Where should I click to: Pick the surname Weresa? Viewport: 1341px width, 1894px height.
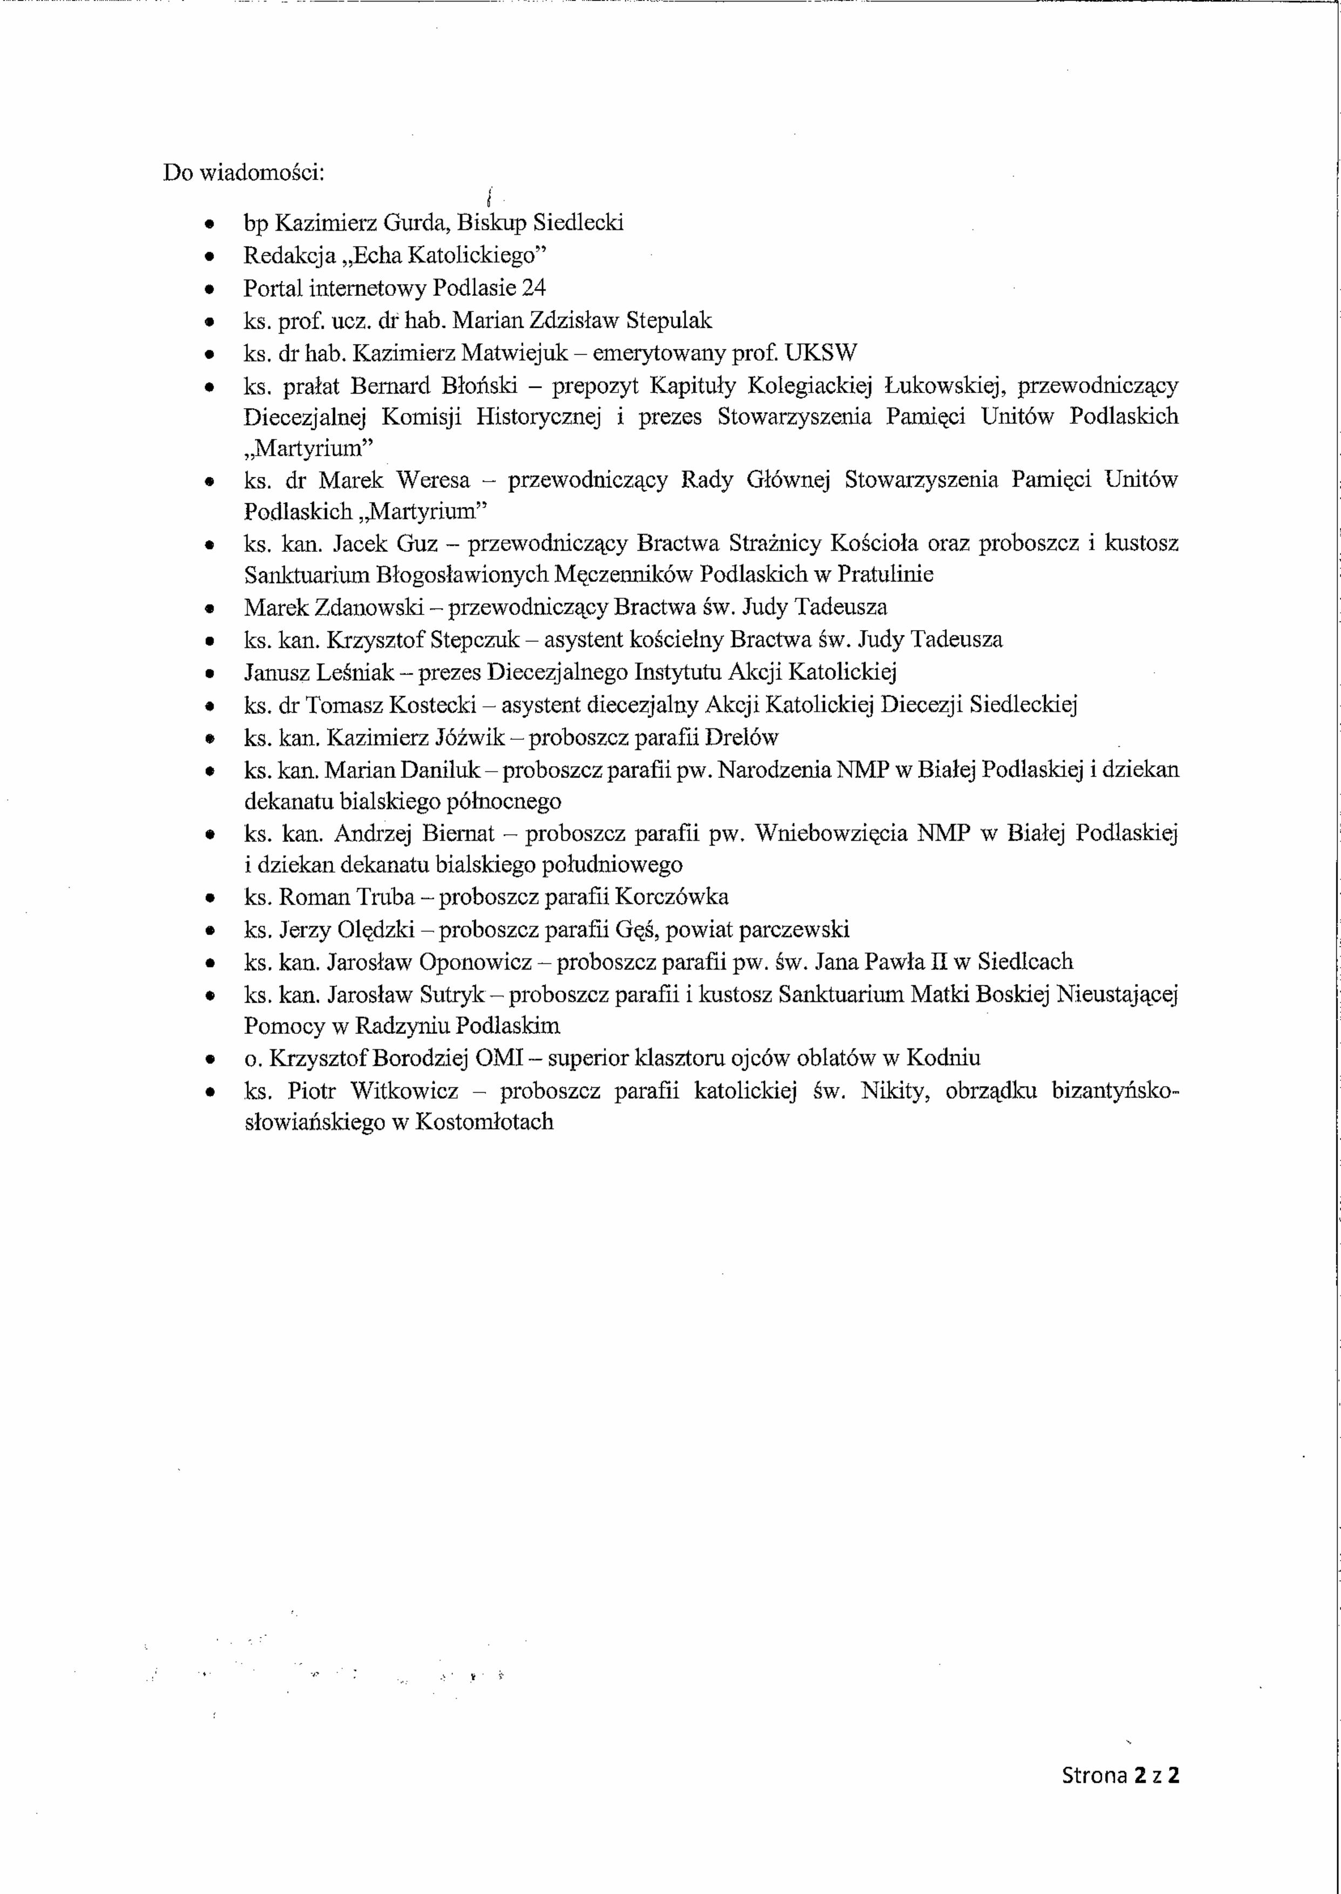pos(432,481)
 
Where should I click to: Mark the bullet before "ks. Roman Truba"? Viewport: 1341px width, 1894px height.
pos(212,898)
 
